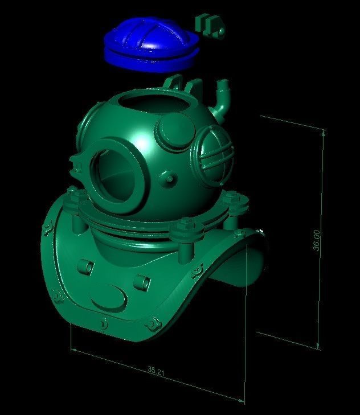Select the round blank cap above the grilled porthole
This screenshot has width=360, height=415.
pos(173,132)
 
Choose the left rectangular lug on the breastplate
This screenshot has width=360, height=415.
pos(86,266)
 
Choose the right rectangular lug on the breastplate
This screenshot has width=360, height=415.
pos(141,281)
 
